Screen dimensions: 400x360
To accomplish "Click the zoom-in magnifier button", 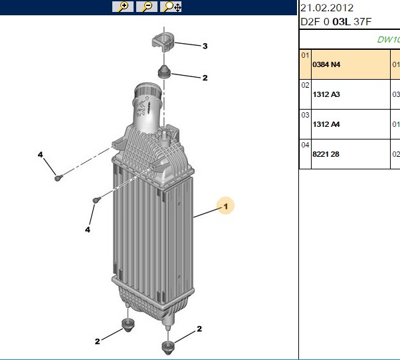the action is click(123, 7).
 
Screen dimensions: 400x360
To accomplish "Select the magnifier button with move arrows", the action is click(171, 7).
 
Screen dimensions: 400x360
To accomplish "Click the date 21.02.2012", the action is click(327, 8).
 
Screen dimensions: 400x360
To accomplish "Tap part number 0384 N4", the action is click(326, 64).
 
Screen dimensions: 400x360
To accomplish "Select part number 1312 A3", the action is click(326, 94).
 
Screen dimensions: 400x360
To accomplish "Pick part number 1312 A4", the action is click(326, 124).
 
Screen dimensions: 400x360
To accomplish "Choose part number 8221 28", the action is click(326, 154).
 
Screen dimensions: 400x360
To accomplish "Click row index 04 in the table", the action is click(305, 145).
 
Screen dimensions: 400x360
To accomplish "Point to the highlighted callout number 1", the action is click(225, 206).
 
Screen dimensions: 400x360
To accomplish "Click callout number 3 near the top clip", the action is click(205, 46).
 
